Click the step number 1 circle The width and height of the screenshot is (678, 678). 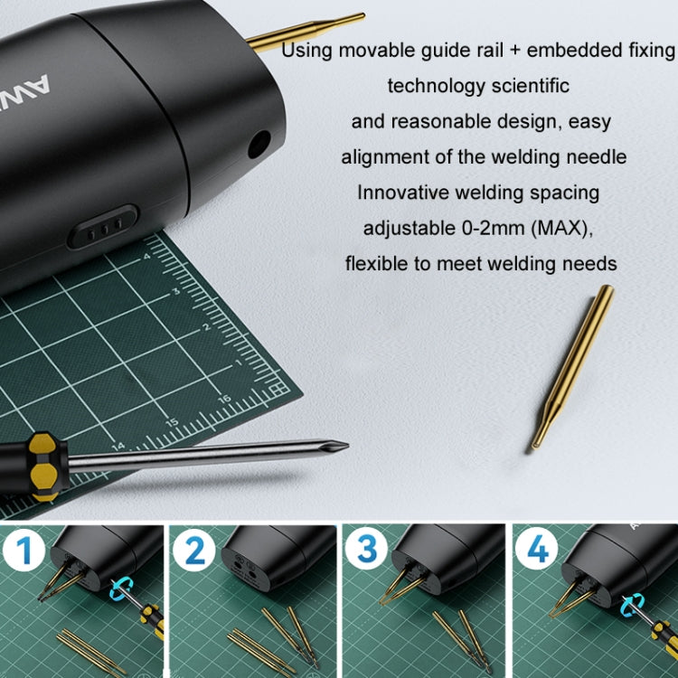pos(24,550)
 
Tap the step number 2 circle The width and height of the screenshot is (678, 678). pos(193,550)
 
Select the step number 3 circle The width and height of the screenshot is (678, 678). pos(366,549)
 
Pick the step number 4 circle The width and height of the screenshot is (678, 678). pos(537,549)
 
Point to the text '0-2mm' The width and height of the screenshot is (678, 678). pos(494,228)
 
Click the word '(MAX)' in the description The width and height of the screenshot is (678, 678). pos(561,229)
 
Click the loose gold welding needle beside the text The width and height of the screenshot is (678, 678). pos(572,367)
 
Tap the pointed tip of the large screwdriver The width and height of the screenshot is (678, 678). pos(348,445)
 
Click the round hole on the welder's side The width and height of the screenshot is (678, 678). pos(259,145)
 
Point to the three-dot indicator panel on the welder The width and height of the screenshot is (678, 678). pos(104,226)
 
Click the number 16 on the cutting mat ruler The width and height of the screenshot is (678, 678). pos(224,399)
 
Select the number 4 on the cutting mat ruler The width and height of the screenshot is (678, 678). pos(146,257)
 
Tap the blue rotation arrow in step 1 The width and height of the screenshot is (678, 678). pos(120,589)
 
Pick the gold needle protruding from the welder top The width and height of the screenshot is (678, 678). pos(306,32)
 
